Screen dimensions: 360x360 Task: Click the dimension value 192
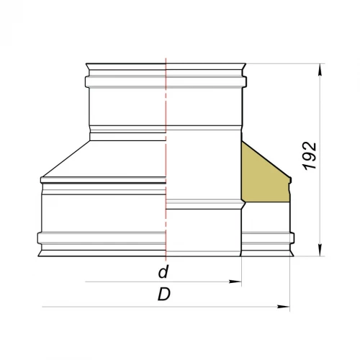[x=310, y=156]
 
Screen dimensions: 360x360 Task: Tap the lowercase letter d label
[x=163, y=271]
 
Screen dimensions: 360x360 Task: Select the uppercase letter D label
[x=164, y=294]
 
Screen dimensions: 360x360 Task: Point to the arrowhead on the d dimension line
[x=235, y=282]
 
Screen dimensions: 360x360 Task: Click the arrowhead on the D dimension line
[x=284, y=307]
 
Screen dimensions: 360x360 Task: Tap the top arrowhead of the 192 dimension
[x=320, y=70]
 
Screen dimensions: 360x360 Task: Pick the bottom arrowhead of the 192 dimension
[x=320, y=250]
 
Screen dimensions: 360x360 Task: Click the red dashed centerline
[x=166, y=159]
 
